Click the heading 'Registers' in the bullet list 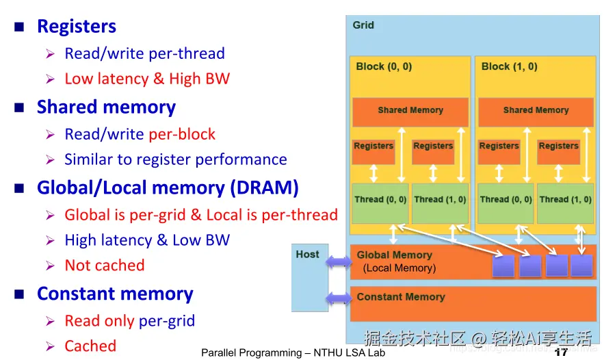click(77, 26)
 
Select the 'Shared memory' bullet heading click(106, 107)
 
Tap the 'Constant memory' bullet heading click(115, 294)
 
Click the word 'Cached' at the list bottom click(90, 346)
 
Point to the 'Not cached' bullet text click(105, 265)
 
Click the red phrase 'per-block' click(182, 134)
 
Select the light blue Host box click(310, 277)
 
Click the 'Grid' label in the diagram click(363, 25)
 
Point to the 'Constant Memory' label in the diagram click(401, 297)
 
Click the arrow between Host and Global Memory click(339, 262)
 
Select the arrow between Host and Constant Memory click(339, 298)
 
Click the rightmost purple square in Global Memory click(581, 266)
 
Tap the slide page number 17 click(561, 352)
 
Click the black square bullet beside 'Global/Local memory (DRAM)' click(19, 188)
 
